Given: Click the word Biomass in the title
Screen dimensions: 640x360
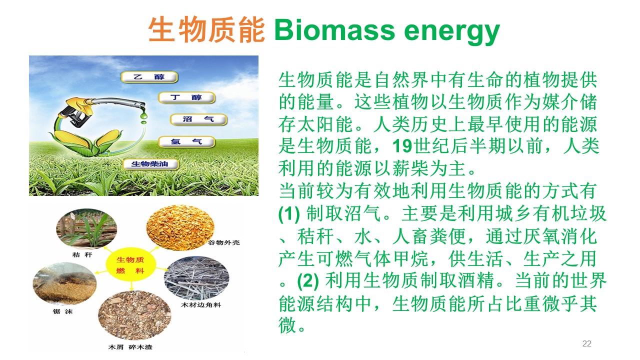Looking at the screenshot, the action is click(334, 30).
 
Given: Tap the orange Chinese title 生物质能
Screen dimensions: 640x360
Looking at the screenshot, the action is click(206, 30).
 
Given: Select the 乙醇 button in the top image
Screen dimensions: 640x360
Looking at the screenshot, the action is click(149, 77).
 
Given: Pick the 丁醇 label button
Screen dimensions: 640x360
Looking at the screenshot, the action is click(186, 97).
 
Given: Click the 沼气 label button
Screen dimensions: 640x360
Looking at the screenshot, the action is click(198, 119).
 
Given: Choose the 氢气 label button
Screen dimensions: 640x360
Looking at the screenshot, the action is click(186, 141).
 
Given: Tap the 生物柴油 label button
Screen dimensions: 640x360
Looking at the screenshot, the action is click(150, 164).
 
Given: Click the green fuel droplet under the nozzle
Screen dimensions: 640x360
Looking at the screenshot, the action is click(143, 115).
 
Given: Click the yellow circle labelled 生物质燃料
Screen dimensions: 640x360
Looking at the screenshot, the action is click(130, 264).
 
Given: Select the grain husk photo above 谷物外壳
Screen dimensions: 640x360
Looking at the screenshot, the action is click(180, 227).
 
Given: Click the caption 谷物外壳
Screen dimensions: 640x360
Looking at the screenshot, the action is click(223, 242).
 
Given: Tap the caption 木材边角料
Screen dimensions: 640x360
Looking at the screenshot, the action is click(201, 305).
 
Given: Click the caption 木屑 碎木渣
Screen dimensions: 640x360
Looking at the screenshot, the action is click(130, 347).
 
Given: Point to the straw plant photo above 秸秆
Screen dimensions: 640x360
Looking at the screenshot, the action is click(86, 228).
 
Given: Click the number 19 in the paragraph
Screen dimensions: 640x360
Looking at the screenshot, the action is click(402, 146).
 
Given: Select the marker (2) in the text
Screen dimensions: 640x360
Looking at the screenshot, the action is click(308, 280).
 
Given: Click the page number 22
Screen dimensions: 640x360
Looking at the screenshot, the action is click(587, 343).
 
